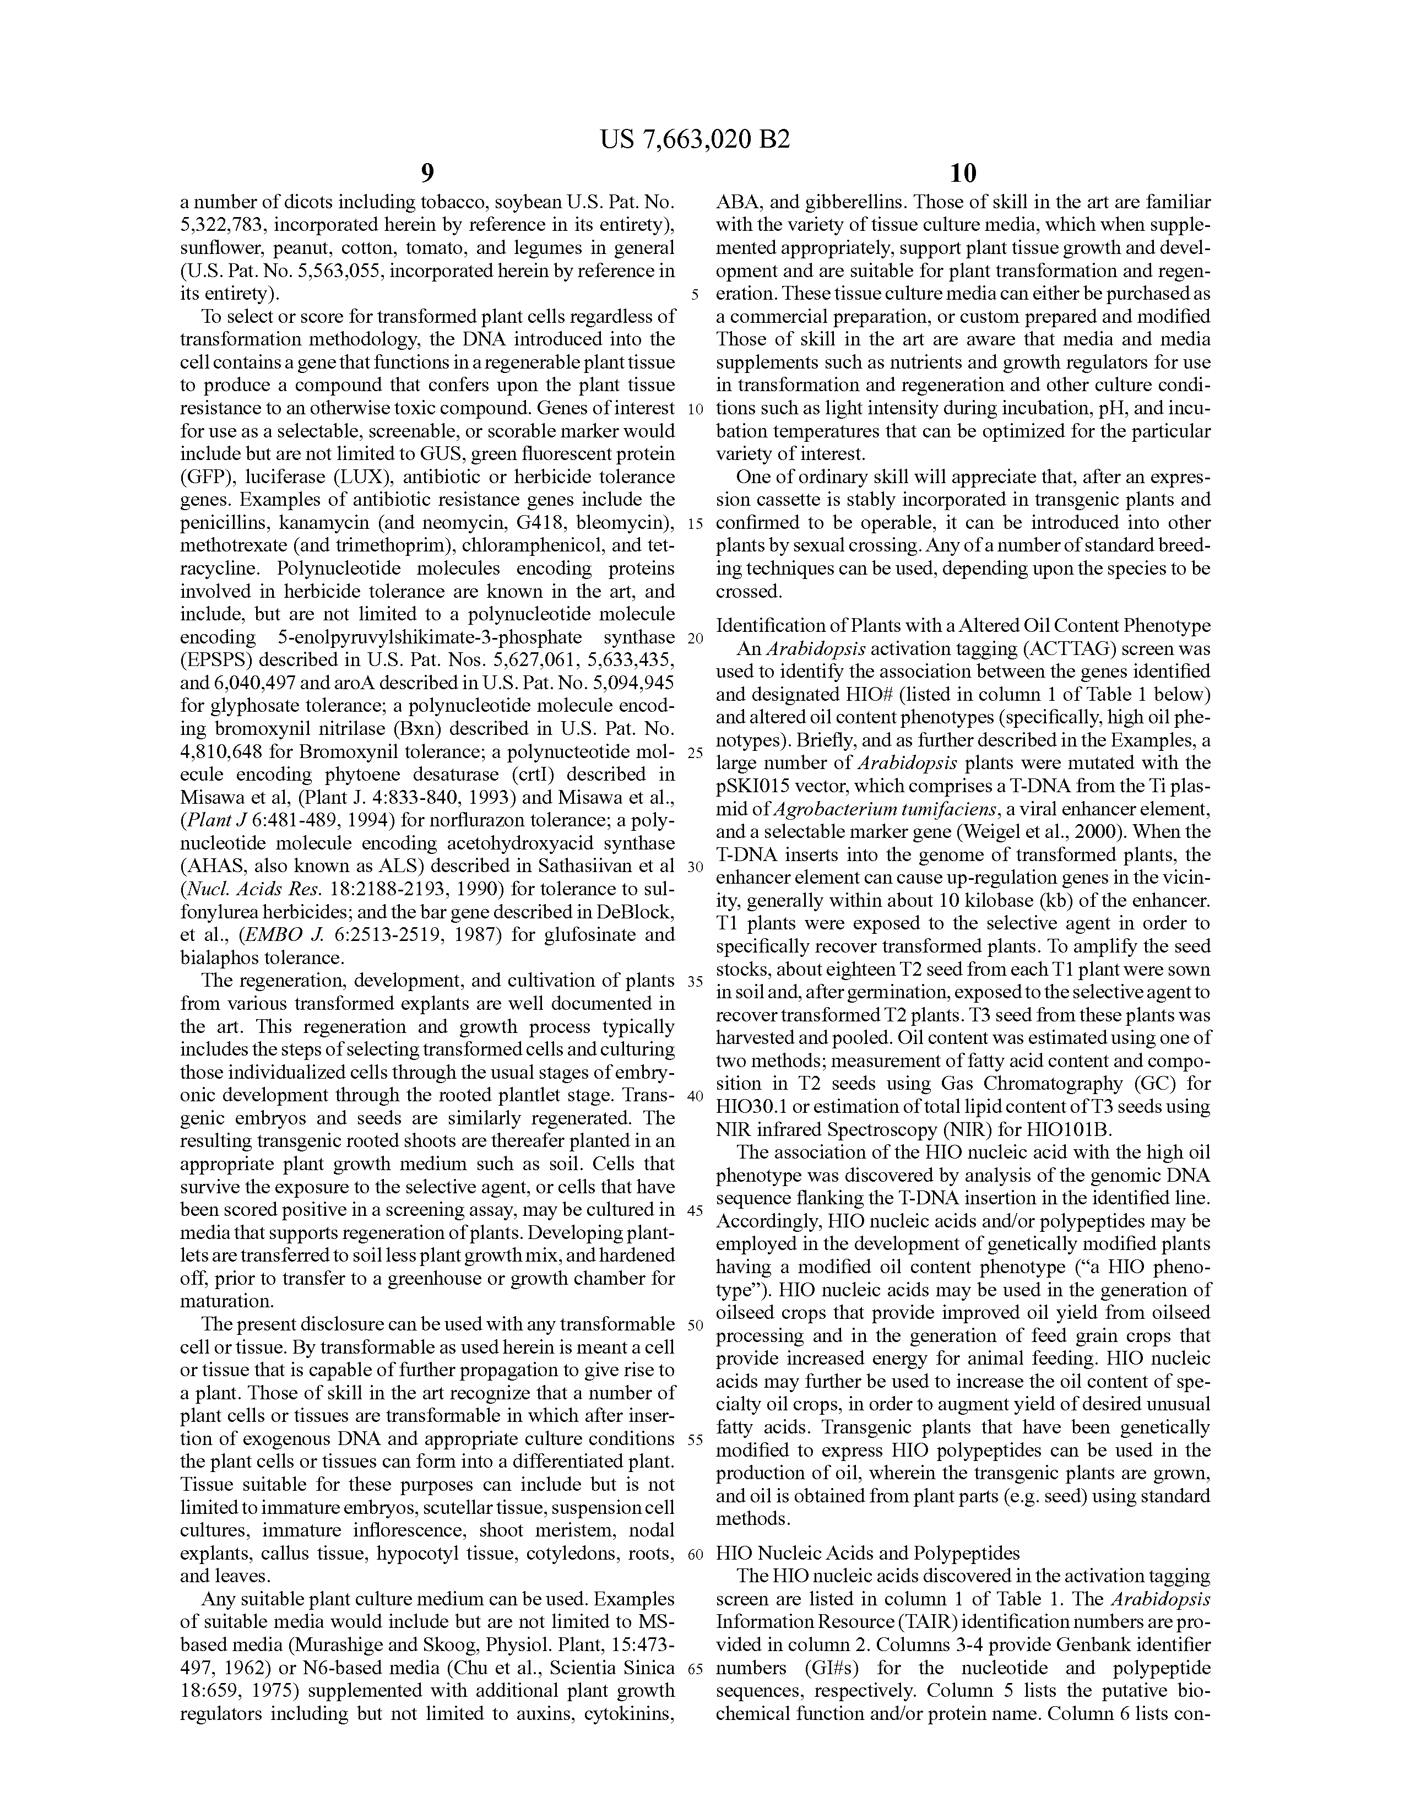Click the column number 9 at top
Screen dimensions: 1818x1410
(427, 173)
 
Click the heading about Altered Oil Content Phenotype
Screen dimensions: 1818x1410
(963, 625)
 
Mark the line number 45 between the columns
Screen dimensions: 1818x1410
(695, 1209)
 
